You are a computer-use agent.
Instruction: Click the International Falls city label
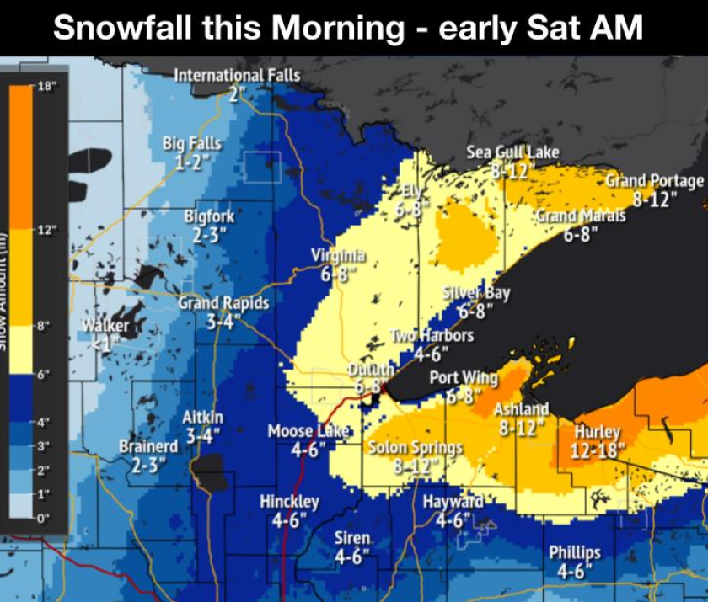coord(236,76)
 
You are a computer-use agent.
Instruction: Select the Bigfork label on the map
coord(209,217)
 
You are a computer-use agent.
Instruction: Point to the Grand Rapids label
coord(223,302)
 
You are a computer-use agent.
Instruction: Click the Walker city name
coord(105,325)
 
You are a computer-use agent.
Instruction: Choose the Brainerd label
coord(148,446)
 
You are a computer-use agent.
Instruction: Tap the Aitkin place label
coord(203,418)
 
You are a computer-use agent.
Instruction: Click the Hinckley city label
coord(289,502)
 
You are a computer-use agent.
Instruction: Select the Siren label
coord(352,538)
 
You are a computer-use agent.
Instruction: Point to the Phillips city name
coord(575,552)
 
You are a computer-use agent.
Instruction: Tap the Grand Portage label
coord(654,181)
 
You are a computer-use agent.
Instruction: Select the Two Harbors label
coord(432,335)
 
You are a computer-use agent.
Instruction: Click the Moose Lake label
coord(308,432)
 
